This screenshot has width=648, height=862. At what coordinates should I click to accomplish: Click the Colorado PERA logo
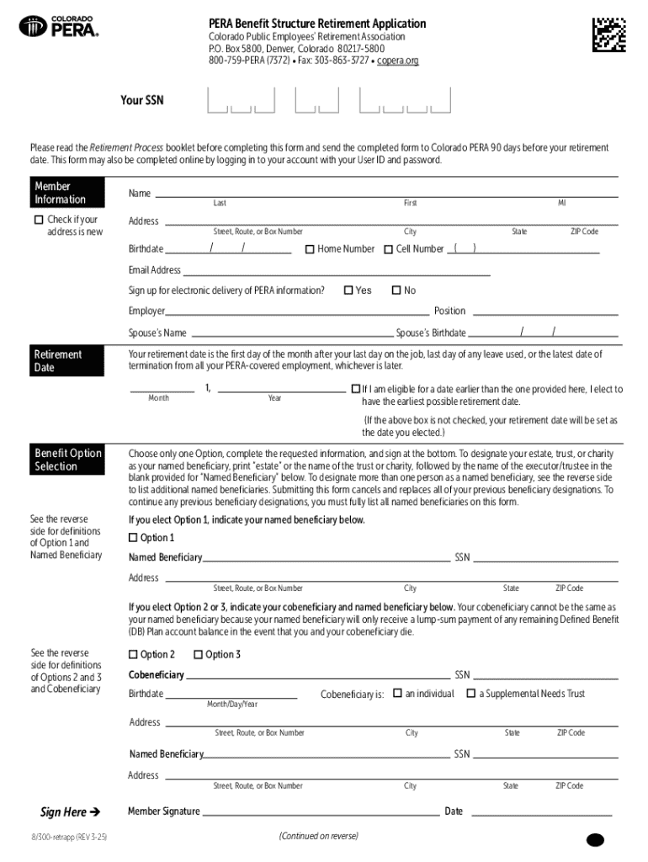(x=59, y=27)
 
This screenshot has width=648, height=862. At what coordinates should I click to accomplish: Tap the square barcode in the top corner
(x=608, y=34)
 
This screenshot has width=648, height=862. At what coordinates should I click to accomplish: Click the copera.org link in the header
(x=397, y=61)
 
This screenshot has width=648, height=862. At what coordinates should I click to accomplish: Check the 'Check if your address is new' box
(x=38, y=221)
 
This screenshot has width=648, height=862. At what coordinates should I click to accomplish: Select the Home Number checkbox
(x=310, y=249)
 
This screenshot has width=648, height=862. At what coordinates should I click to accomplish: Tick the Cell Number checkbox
(x=388, y=249)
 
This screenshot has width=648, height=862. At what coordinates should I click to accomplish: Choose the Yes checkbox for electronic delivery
(x=348, y=290)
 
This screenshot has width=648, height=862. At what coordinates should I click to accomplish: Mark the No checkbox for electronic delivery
(x=396, y=290)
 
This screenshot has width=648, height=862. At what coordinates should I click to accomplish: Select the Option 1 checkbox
(x=133, y=538)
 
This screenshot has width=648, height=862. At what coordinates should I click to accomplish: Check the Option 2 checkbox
(x=133, y=655)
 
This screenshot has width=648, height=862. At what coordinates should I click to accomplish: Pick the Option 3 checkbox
(x=198, y=655)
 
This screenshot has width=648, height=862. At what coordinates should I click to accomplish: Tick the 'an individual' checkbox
(x=397, y=694)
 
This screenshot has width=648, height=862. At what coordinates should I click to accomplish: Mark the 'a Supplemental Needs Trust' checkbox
(x=470, y=694)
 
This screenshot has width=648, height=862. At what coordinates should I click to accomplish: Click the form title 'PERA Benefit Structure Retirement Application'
(x=317, y=24)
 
